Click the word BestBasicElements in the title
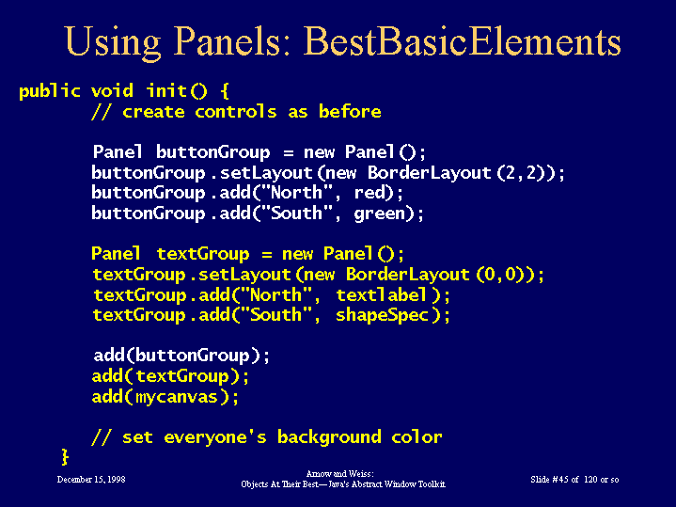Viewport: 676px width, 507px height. (463, 41)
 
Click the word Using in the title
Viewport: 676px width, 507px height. (113, 43)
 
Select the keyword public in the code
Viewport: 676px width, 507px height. (49, 91)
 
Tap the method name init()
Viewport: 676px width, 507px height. (177, 90)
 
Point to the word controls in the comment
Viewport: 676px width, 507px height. (235, 112)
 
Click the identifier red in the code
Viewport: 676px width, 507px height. (369, 193)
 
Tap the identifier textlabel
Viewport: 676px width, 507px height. (382, 295)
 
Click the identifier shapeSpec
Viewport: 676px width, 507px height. (382, 315)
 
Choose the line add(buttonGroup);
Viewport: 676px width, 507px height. (181, 356)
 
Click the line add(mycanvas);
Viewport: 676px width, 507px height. (165, 397)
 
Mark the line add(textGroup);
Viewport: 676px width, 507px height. (171, 376)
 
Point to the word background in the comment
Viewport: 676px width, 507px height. (329, 437)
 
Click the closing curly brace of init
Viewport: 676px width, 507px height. (65, 457)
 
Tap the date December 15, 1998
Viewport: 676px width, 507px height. (91, 480)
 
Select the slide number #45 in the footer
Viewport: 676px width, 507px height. (560, 480)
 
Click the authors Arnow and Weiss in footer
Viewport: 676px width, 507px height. (339, 474)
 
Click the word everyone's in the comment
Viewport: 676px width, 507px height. (215, 437)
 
